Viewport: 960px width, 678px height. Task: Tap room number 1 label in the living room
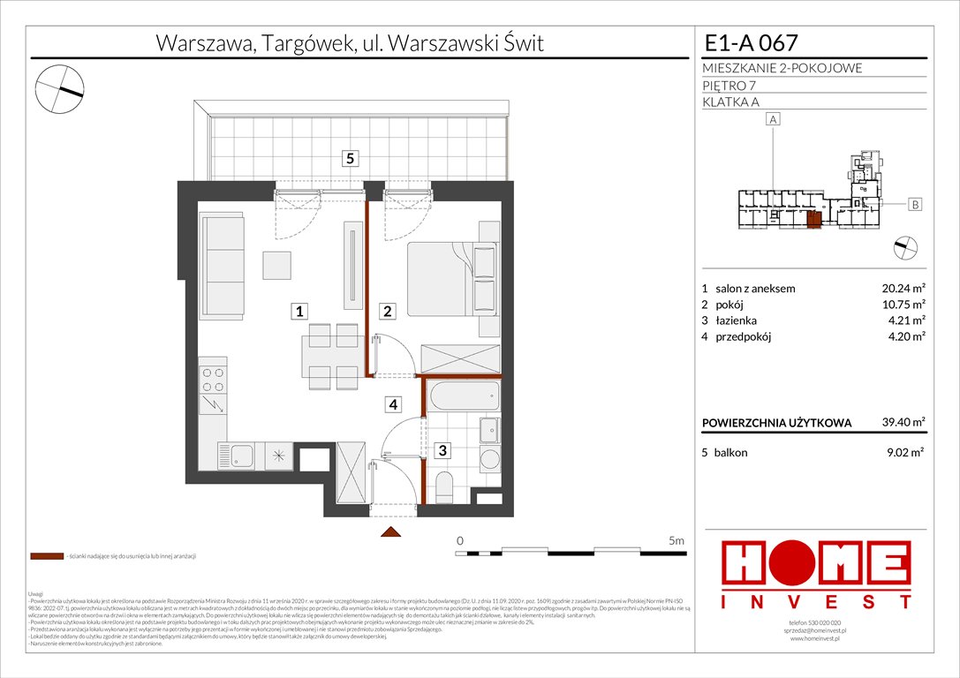(301, 311)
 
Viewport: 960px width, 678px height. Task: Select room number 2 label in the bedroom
(387, 311)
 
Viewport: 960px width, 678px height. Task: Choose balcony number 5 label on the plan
(351, 159)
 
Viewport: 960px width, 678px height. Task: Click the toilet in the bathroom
(444, 486)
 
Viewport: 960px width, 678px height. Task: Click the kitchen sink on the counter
(238, 456)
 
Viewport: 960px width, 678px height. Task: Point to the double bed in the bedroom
(451, 280)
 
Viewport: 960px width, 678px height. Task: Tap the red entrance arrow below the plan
(390, 531)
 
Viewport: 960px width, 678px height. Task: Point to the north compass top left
(60, 87)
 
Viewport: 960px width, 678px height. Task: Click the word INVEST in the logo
(817, 602)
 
